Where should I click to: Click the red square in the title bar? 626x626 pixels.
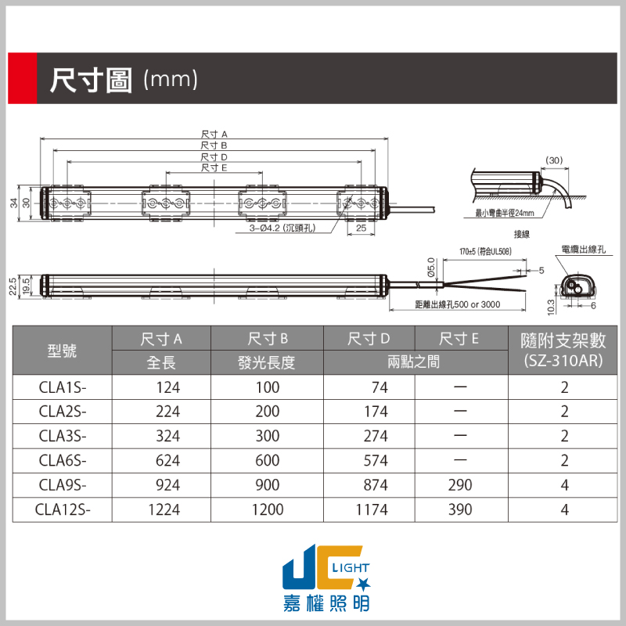click(23, 78)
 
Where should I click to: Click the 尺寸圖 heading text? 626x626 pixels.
click(91, 80)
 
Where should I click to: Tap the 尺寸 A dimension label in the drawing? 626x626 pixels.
click(214, 134)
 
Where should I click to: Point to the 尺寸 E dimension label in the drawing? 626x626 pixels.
click(214, 167)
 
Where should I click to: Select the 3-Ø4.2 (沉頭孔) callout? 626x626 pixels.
click(282, 228)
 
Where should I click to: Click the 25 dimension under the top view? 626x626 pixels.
click(361, 228)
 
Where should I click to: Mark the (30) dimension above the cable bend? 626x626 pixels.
click(554, 160)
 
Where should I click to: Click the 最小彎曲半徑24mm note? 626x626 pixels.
click(505, 213)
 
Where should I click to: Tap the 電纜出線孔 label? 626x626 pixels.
click(583, 250)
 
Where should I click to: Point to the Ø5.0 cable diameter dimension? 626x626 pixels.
click(431, 267)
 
